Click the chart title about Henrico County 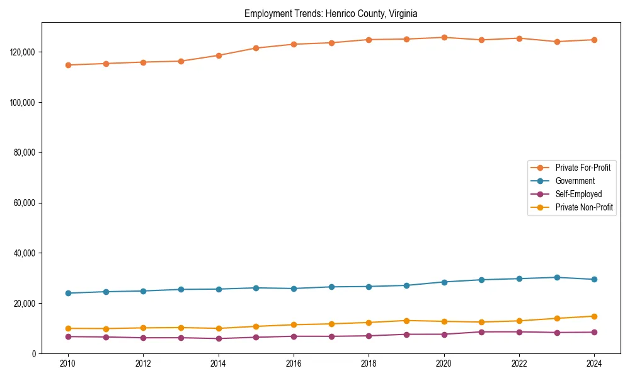point(331,13)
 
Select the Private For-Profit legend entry point(583,168)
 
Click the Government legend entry point(575,181)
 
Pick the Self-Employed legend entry point(578,194)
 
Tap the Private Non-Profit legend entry point(584,207)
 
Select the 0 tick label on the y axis point(35,354)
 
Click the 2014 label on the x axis point(219,364)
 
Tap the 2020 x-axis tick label point(444,364)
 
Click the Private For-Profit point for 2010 point(68,65)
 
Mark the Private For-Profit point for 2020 point(444,38)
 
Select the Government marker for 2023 point(557,277)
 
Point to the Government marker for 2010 point(68,293)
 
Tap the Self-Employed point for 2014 point(219,338)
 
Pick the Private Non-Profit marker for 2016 point(294,324)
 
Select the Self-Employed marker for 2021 point(481,332)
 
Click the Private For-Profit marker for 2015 point(256,48)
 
